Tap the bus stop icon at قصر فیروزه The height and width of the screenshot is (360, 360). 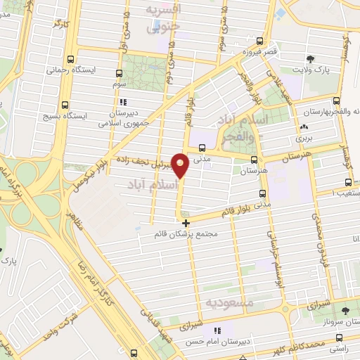click(x=260, y=41)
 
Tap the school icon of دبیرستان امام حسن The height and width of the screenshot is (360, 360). click(x=217, y=330)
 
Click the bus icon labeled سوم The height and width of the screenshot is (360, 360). click(x=117, y=72)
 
